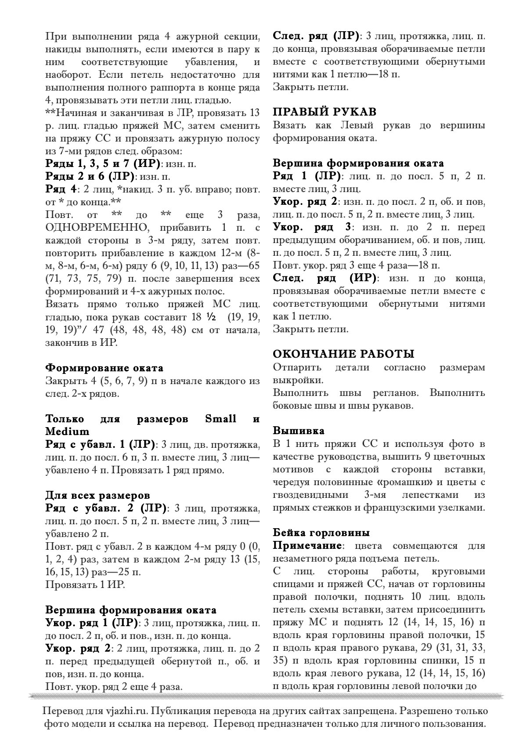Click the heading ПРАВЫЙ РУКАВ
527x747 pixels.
tap(325, 112)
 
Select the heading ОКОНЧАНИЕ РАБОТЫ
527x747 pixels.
tap(343, 354)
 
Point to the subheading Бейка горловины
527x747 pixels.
tap(321, 533)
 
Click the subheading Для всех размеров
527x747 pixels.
tap(97, 496)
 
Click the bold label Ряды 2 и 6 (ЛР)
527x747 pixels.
tap(89, 177)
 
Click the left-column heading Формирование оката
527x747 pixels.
tap(104, 367)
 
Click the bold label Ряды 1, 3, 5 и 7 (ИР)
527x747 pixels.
tap(103, 164)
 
